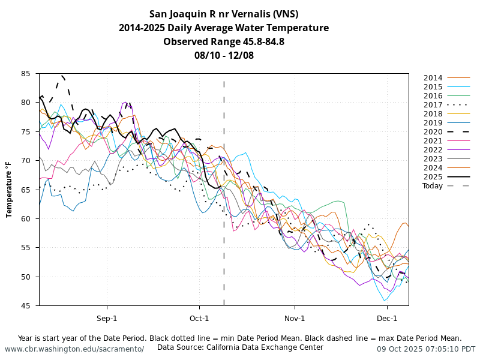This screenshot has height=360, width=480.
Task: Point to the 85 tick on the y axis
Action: coord(26,74)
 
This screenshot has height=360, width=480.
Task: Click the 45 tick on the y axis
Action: coord(26,306)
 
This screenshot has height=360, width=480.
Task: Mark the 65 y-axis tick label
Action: coord(26,190)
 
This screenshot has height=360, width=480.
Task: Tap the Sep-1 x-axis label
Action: coord(107,318)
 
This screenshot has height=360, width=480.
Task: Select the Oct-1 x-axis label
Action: coord(199,318)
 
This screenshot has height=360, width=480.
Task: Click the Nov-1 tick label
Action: coord(295,318)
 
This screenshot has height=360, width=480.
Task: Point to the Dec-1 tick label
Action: coord(387,318)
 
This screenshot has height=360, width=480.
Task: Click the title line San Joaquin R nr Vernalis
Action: coord(224,14)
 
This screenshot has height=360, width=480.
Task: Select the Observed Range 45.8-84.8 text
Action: coord(224,41)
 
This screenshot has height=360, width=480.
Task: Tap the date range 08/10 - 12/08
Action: coord(224,55)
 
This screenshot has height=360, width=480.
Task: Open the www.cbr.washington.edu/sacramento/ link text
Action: coord(74,349)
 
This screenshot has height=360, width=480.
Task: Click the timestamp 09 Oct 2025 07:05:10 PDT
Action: coord(426,349)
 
